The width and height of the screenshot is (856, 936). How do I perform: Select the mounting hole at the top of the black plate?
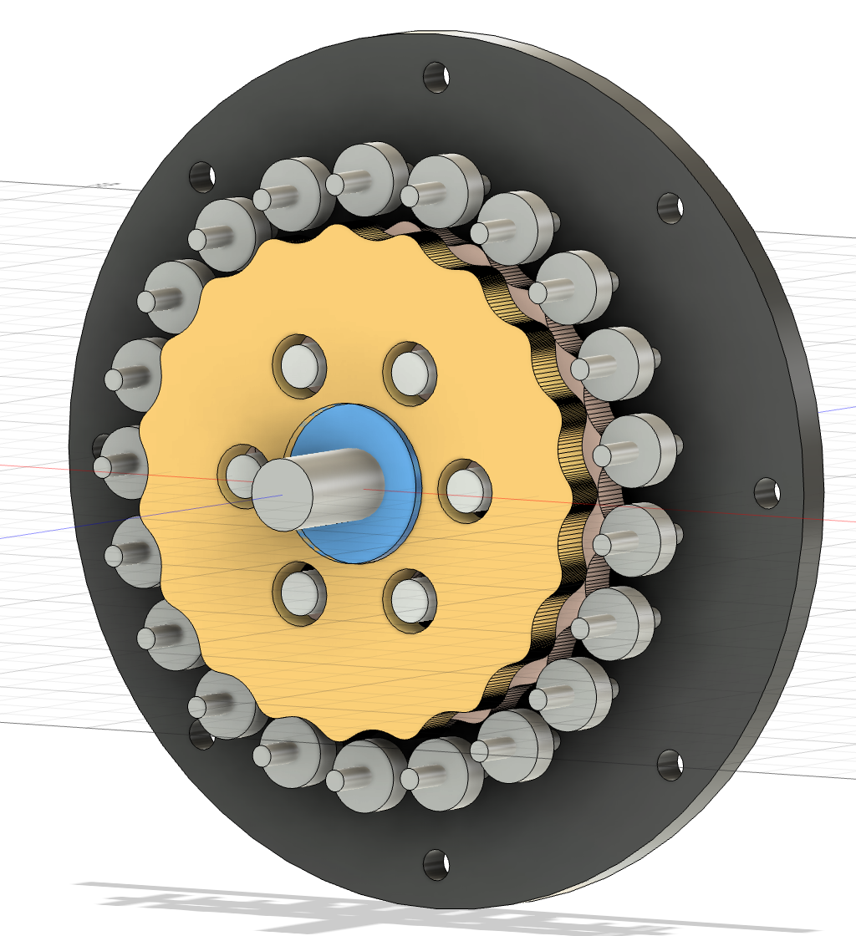pyautogui.click(x=436, y=77)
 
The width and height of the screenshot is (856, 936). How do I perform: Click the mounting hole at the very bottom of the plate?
pyautogui.click(x=436, y=864)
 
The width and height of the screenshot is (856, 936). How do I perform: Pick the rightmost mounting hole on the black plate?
pyautogui.click(x=767, y=493)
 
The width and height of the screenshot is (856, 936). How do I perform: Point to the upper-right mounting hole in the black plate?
pyautogui.click(x=670, y=208)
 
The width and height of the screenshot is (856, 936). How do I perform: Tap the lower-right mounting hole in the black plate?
pyautogui.click(x=670, y=764)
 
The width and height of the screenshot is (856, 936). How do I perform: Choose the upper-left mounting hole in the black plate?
pyautogui.click(x=202, y=175)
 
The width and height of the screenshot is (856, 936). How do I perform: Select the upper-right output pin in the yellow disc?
pyautogui.click(x=410, y=369)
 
